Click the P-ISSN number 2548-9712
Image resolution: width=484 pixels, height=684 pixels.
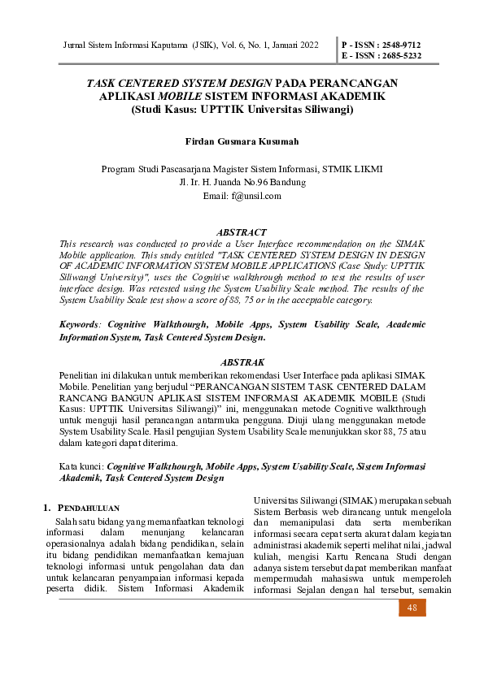coord(399,44)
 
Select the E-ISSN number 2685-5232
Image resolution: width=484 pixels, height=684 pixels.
coord(399,56)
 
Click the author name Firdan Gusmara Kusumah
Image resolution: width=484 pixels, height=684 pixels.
coord(242,141)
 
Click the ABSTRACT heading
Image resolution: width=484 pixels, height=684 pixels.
coord(242,232)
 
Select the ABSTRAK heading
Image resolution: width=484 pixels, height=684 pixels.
coord(242,361)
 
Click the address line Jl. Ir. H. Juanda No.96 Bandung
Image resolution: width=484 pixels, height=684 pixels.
coord(242,182)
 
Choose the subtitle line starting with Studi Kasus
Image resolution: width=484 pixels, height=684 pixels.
coord(242,108)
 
